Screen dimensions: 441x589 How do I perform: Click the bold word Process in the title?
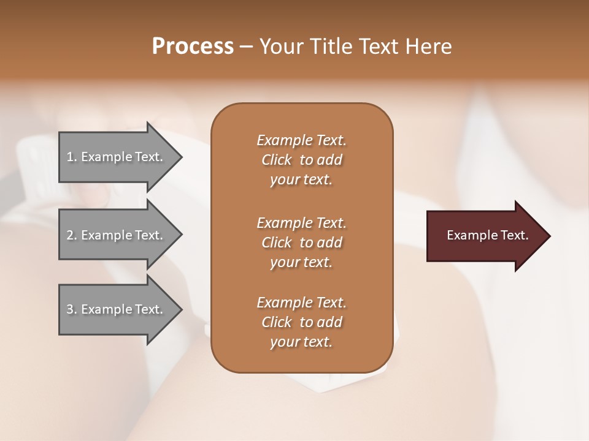[193, 46]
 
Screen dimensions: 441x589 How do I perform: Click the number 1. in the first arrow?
[71, 157]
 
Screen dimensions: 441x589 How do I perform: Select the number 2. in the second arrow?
[71, 235]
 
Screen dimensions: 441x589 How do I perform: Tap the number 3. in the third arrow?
[71, 309]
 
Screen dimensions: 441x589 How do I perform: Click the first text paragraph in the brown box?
[301, 160]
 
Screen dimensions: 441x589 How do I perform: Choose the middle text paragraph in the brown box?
[301, 243]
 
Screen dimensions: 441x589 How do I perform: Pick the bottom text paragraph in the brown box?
[301, 322]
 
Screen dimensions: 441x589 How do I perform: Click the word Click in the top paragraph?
[276, 160]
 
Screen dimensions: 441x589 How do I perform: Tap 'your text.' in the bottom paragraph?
[301, 342]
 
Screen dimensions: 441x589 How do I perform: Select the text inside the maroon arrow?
[487, 235]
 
